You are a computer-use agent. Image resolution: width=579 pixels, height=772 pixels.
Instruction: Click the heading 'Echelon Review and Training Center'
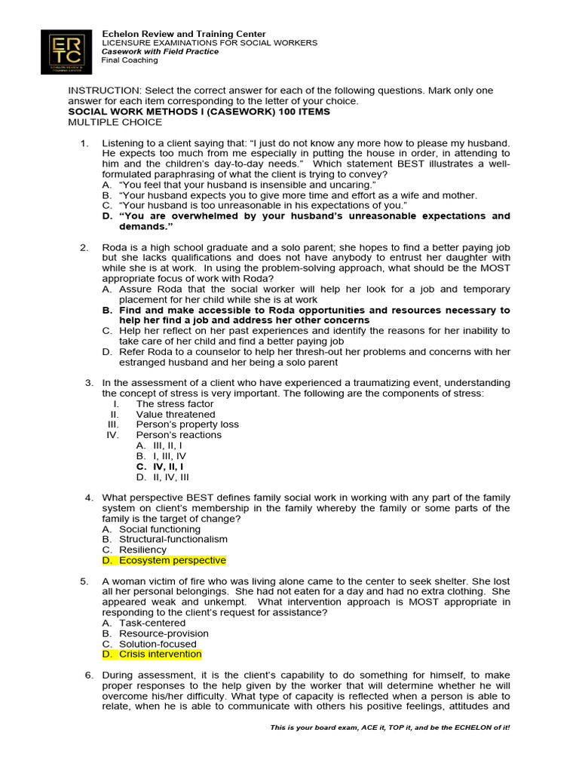(x=184, y=34)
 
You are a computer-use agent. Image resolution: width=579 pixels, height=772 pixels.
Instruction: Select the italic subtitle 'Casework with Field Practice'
(x=161, y=51)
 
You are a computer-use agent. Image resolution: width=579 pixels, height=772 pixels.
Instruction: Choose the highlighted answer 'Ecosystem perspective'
(x=173, y=560)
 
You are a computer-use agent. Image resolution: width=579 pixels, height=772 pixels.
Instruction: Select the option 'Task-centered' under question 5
(x=152, y=623)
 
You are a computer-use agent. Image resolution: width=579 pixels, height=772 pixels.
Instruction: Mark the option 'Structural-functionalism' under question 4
(x=173, y=539)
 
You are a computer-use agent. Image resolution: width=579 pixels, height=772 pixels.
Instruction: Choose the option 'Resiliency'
(x=143, y=550)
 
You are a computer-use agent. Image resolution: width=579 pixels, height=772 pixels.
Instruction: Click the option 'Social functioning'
(x=160, y=529)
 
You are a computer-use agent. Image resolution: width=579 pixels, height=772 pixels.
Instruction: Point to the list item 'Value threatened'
(x=176, y=414)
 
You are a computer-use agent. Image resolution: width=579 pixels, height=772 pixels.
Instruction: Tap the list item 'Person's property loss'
(x=187, y=424)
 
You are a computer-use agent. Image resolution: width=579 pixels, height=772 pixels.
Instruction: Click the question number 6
(x=88, y=675)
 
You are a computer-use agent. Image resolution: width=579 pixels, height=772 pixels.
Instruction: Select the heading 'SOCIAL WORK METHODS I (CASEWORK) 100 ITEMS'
(x=199, y=112)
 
